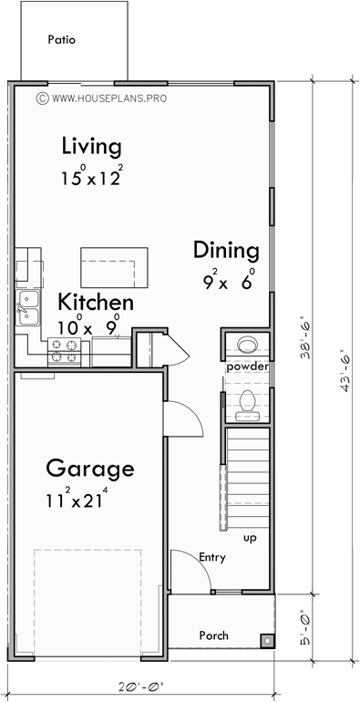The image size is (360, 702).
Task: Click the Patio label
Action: point(63,40)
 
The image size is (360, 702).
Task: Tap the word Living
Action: point(91,146)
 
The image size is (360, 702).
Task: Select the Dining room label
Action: point(226,251)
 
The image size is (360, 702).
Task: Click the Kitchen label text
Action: point(96,303)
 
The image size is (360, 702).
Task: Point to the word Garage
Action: point(90,470)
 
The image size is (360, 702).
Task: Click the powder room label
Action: point(246,366)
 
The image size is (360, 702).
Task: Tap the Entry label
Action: point(211,556)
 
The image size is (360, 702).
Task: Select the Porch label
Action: point(213,635)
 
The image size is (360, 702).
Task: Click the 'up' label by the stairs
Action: point(249,539)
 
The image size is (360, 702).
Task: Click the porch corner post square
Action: point(266,640)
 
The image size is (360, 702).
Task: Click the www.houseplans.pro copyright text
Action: point(102,96)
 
